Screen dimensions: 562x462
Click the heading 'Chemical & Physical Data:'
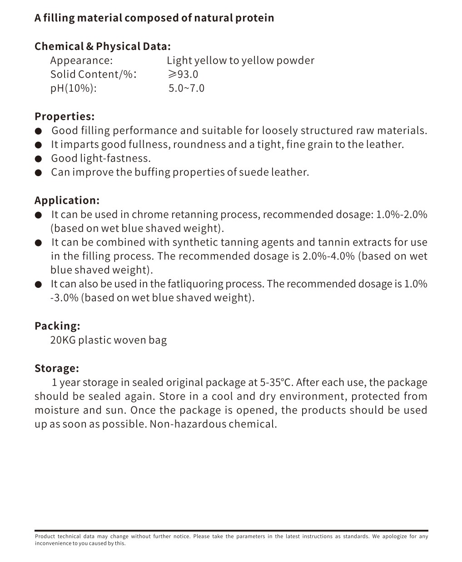click(x=103, y=46)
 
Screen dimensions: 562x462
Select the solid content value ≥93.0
click(x=183, y=74)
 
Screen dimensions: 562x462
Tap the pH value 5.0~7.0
click(x=186, y=88)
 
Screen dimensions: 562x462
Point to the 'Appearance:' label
click(x=81, y=60)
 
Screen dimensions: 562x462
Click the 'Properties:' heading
click(x=65, y=116)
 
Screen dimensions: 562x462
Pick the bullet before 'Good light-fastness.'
click(x=39, y=159)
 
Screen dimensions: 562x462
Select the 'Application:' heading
click(x=67, y=200)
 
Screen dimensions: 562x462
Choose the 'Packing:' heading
click(x=57, y=325)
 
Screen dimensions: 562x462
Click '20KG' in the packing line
click(x=63, y=340)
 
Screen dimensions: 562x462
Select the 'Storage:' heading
click(x=57, y=368)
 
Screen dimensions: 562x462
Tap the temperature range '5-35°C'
click(x=276, y=382)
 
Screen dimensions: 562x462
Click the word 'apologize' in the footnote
click(x=394, y=537)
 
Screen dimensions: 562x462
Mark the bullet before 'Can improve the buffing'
click(x=39, y=173)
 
